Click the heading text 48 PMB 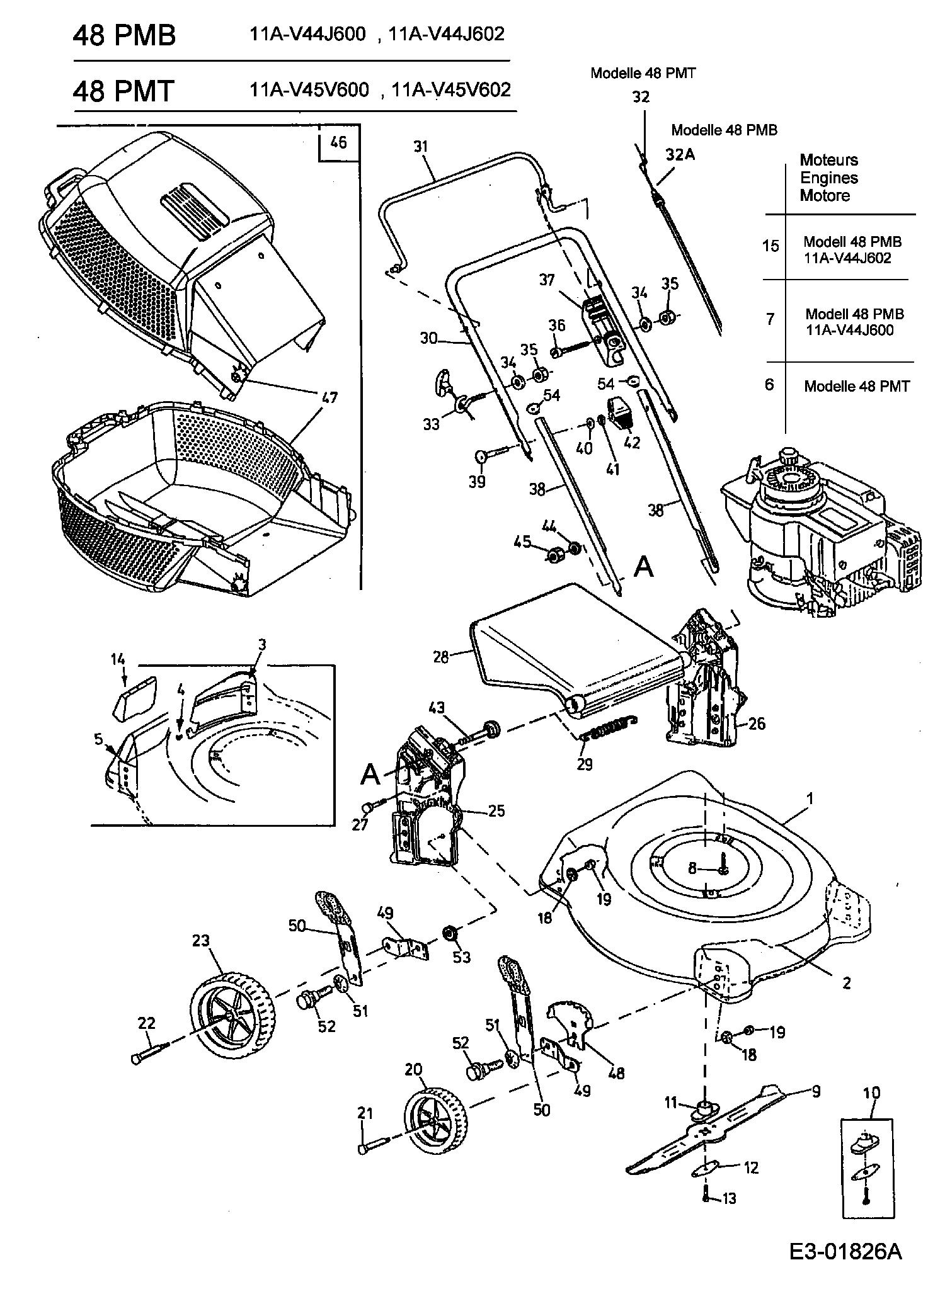click(124, 35)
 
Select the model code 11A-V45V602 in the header click(451, 90)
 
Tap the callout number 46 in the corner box click(338, 142)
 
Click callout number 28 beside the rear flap click(440, 657)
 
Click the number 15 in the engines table click(770, 246)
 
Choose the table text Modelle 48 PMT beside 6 click(857, 386)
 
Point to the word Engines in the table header click(829, 178)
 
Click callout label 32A click(680, 155)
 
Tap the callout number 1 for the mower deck click(810, 798)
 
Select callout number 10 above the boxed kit click(871, 1093)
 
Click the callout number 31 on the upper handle click(421, 147)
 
